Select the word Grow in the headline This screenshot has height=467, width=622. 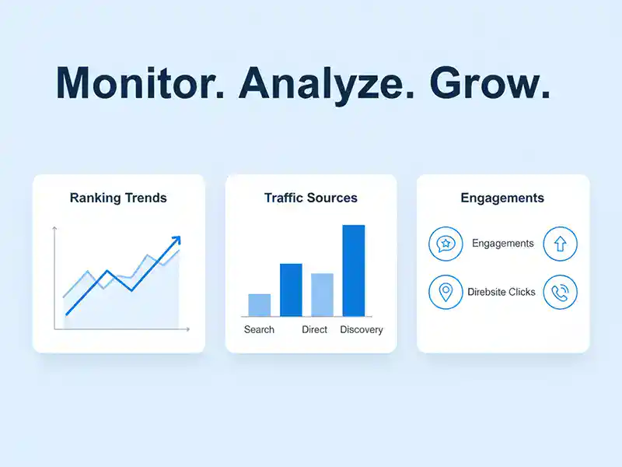click(x=491, y=83)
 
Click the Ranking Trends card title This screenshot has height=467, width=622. click(x=118, y=198)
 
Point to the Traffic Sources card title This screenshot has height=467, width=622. click(x=311, y=198)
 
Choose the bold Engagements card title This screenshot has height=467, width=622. click(x=502, y=198)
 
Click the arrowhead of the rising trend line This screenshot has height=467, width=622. click(x=176, y=241)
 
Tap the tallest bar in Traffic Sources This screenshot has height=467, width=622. click(x=354, y=270)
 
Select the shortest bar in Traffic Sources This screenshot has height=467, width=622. click(x=259, y=304)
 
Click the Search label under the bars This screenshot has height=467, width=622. click(x=259, y=329)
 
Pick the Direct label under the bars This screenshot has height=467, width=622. click(x=315, y=329)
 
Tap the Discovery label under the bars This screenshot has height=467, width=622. click(x=362, y=329)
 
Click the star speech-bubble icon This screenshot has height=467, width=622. click(x=446, y=244)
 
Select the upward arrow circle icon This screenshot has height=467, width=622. click(x=560, y=244)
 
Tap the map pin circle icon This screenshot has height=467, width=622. click(x=446, y=292)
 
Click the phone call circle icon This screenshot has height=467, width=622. click(x=560, y=292)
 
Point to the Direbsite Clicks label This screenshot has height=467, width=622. click(x=501, y=292)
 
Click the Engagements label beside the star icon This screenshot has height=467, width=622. click(x=503, y=244)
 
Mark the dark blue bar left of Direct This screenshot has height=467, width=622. click(x=291, y=290)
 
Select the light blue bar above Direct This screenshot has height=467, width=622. click(x=322, y=294)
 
